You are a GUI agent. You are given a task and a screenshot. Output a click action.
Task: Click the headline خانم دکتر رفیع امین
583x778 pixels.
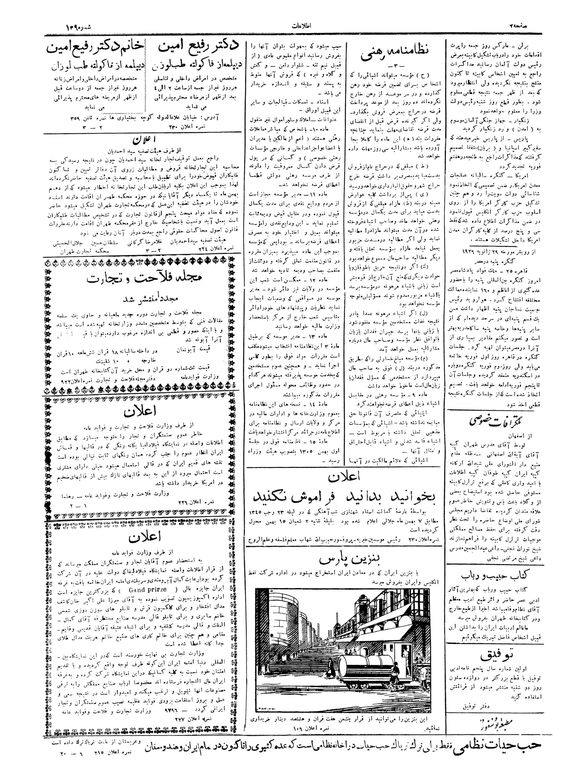point(95,49)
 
